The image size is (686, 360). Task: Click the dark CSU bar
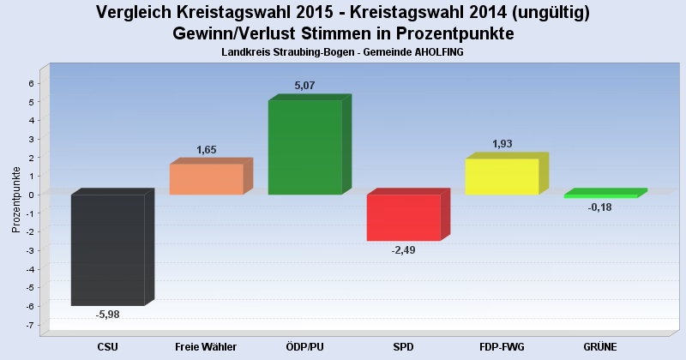[x=107, y=249]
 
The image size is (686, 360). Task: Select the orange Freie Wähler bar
[x=206, y=179]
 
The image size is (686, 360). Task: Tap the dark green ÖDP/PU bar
[x=304, y=147]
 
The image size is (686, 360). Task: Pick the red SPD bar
[x=403, y=218]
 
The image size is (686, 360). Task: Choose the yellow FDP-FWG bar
[x=502, y=177]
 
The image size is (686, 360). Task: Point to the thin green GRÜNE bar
[x=599, y=195]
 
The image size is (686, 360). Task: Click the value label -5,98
[x=108, y=315]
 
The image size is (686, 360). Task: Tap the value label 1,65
[x=207, y=150]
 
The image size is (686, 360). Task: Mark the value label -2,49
[x=403, y=249]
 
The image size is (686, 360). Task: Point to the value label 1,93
[x=502, y=144]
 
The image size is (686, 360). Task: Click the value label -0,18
[x=600, y=207]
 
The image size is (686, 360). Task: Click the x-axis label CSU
[x=108, y=346]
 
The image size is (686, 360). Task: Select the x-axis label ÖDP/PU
[x=304, y=346]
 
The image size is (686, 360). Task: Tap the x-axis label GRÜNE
[x=599, y=346]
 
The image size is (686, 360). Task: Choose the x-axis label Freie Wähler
[x=206, y=346]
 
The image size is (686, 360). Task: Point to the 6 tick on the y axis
[x=31, y=83]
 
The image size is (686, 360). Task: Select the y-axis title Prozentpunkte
[x=15, y=200]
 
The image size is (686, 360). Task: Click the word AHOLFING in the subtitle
[x=439, y=53]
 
